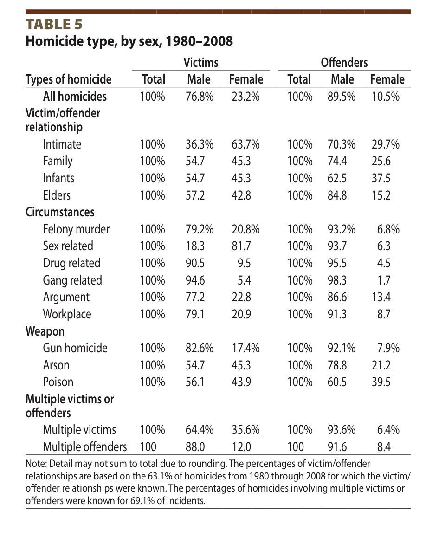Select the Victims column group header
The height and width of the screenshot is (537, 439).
(x=200, y=62)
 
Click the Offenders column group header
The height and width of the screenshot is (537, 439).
(x=344, y=62)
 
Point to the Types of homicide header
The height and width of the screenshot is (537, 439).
(x=68, y=79)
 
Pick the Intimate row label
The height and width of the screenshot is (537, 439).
(x=62, y=144)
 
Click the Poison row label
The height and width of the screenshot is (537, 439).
(x=58, y=382)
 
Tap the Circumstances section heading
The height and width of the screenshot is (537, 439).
(x=60, y=212)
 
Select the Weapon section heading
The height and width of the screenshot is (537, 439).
(x=45, y=331)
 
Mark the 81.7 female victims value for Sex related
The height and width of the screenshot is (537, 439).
(x=241, y=246)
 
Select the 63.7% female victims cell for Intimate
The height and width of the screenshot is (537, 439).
(x=245, y=144)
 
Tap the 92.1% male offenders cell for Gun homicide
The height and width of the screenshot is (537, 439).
(x=342, y=348)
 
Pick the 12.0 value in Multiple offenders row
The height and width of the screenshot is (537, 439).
(x=241, y=447)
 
